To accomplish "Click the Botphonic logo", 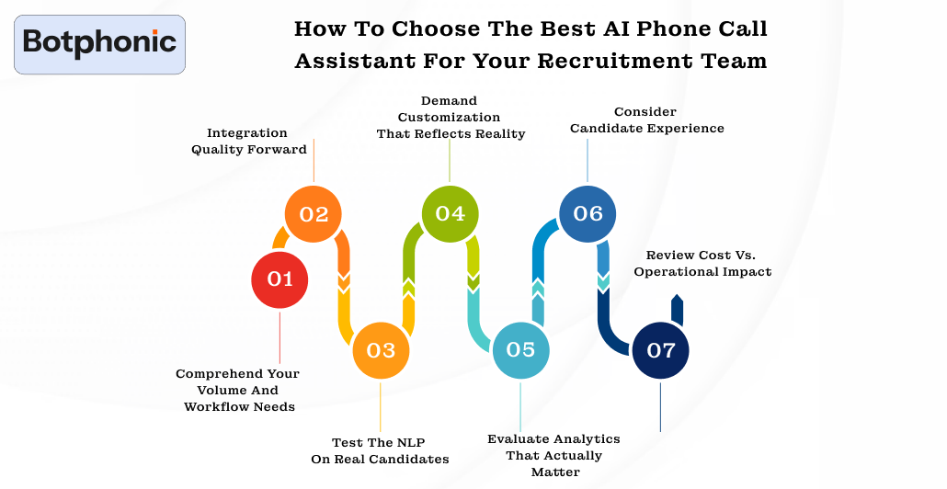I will click(x=99, y=43).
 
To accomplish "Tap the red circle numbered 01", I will click(x=280, y=279).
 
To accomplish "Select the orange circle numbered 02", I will click(x=314, y=214).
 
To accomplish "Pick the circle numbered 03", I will click(x=381, y=350).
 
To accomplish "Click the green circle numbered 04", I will click(x=450, y=213).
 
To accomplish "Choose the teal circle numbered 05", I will click(x=520, y=349).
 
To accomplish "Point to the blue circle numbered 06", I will click(x=588, y=214).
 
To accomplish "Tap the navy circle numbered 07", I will click(x=661, y=350).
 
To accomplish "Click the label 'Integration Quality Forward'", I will click(x=248, y=141).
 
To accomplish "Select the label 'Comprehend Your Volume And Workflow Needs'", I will click(x=238, y=390).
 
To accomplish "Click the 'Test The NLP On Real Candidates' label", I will click(x=380, y=450).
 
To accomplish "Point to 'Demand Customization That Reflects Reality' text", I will click(x=450, y=117).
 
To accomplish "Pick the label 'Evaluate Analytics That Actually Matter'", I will click(x=554, y=455).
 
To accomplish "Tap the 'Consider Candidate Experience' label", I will click(x=646, y=119).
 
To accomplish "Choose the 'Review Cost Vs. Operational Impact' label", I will click(x=702, y=263).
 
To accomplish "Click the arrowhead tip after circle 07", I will click(x=677, y=299).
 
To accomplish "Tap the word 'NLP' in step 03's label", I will click(x=409, y=441).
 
